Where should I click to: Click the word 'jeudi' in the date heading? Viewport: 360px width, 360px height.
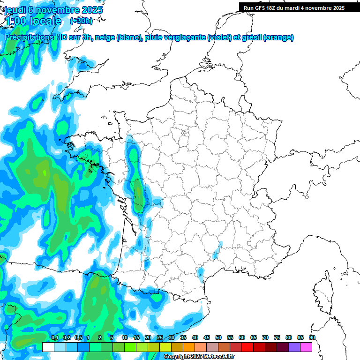coord(17,10)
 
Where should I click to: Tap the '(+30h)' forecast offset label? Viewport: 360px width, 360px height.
coord(81,21)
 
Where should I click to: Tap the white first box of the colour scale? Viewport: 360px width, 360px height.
coord(48,347)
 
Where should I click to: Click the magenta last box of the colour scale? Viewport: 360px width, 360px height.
coord(306,347)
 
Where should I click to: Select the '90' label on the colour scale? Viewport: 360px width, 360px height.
coord(312,337)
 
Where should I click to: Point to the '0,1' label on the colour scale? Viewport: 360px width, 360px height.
coord(55,337)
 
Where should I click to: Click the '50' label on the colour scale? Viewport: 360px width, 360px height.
coord(218,337)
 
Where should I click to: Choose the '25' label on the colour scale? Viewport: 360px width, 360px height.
coord(160,337)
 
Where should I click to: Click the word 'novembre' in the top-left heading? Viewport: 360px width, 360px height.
coord(59,10)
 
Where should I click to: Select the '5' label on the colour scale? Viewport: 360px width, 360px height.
coord(112,337)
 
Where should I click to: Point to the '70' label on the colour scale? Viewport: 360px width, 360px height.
coord(265,337)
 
